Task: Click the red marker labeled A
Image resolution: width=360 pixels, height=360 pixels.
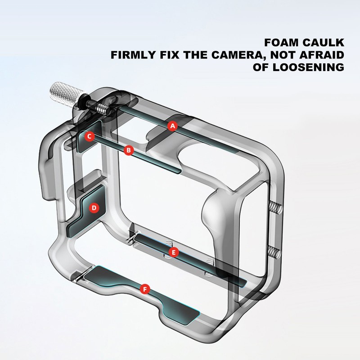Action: [172, 126]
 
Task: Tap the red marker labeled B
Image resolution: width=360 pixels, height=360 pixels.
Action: [129, 150]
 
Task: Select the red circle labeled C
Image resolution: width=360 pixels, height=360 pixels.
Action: [89, 136]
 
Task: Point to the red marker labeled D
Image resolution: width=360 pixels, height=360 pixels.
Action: [94, 208]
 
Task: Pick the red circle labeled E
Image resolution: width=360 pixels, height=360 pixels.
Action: [174, 252]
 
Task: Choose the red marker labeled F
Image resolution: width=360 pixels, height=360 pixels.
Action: [145, 289]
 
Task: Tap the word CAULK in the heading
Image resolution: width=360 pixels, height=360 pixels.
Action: [323, 43]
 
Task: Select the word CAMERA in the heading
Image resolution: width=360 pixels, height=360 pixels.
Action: [238, 55]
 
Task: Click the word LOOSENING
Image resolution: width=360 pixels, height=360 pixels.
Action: [308, 67]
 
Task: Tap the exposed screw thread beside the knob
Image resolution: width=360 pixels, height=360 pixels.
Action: [102, 108]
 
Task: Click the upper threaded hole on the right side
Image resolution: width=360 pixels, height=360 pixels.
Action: [275, 207]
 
